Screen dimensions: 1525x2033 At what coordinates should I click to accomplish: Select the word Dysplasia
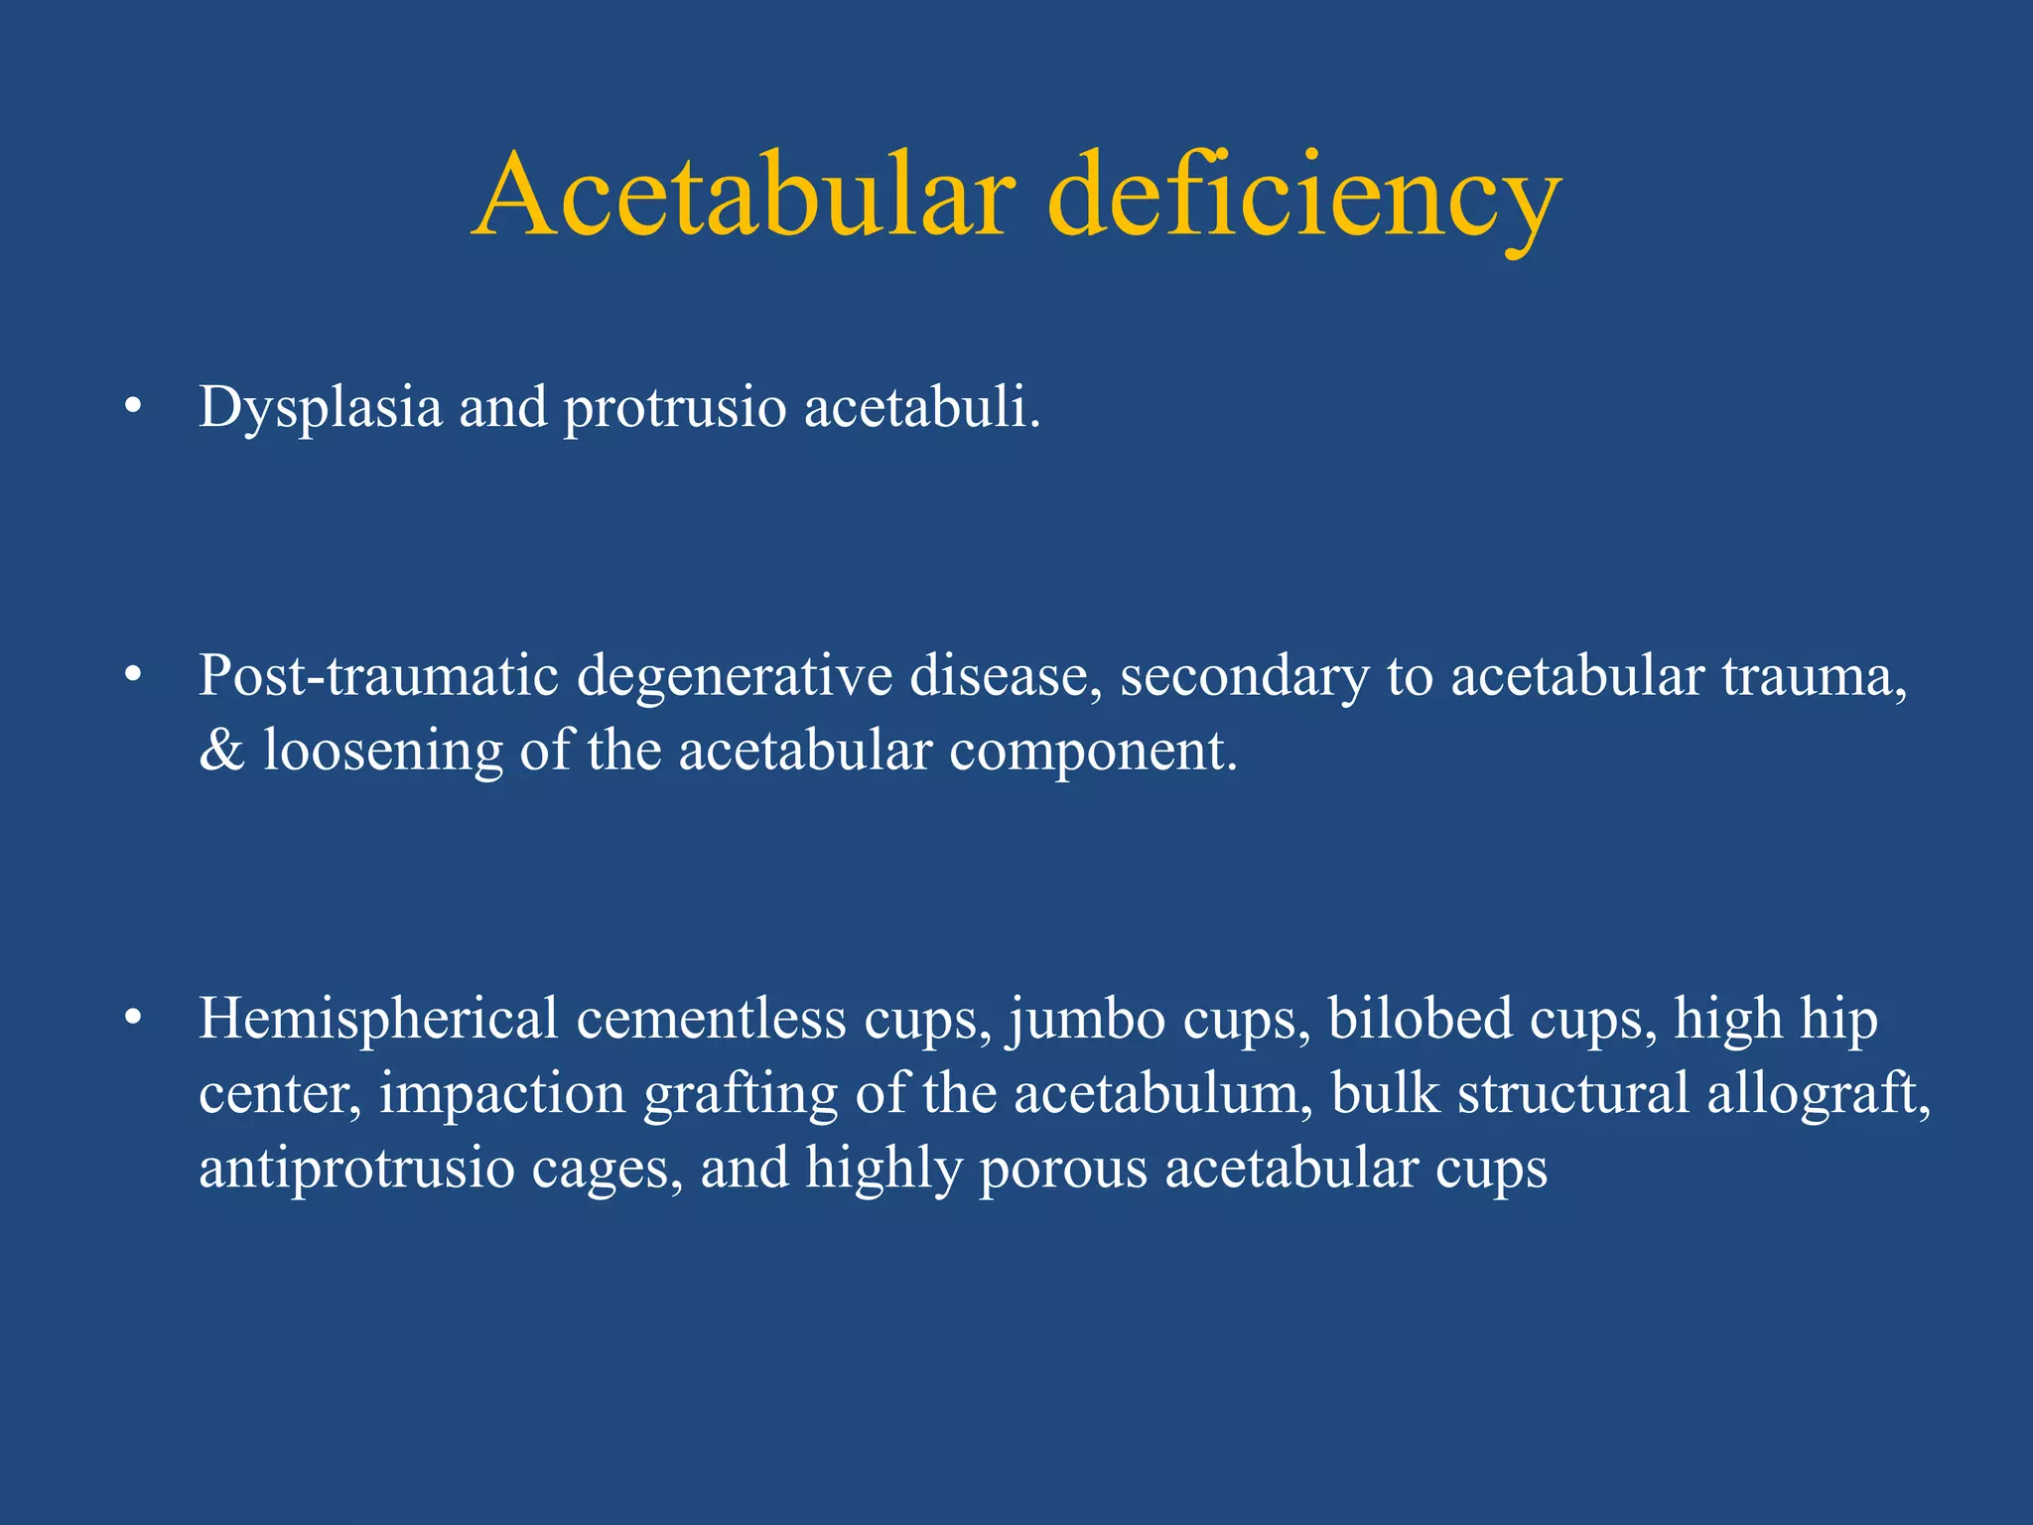320,408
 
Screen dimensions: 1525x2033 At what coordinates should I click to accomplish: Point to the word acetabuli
922,408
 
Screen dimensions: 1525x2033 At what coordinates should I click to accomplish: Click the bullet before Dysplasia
133,408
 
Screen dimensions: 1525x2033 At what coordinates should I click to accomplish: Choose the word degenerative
735,677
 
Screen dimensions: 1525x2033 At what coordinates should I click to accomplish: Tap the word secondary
1244,677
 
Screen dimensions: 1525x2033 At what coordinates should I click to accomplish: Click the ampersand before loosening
221,751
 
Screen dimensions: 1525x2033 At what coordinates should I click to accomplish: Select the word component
1093,751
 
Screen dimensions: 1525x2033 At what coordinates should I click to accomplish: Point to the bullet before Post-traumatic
133,677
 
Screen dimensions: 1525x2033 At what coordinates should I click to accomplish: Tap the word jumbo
1088,1020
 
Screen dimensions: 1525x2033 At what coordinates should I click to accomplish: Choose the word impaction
502,1093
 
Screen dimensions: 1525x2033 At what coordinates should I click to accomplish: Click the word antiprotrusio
356,1168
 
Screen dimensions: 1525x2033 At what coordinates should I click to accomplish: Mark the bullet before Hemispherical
133,1020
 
